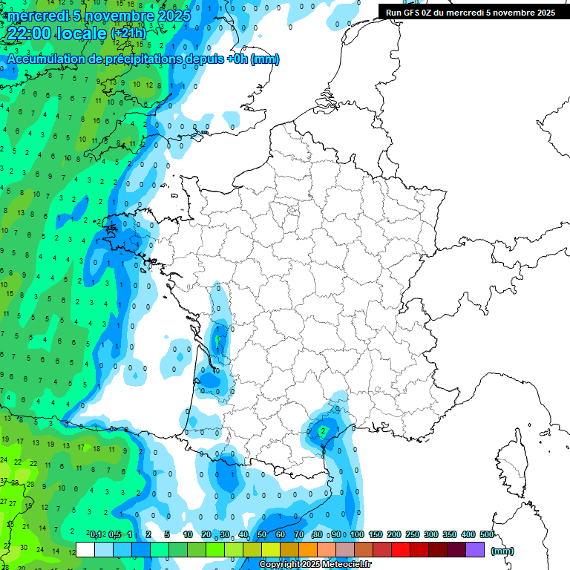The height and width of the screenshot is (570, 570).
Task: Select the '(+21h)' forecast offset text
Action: (x=129, y=33)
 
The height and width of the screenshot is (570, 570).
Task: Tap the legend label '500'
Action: (x=487, y=534)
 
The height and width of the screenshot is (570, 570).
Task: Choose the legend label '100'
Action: (x=357, y=534)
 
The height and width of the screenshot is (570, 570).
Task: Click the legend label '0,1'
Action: (x=95, y=534)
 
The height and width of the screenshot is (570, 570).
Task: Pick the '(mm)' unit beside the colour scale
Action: (x=502, y=551)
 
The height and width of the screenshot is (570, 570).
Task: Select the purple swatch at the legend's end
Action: (x=475, y=550)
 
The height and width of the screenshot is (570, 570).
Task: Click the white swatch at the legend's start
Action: (x=85, y=550)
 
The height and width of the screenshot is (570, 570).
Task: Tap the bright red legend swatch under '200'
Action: (x=401, y=550)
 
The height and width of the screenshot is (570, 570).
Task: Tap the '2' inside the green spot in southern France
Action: (x=323, y=430)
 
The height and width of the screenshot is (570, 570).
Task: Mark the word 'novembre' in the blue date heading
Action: (x=115, y=15)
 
